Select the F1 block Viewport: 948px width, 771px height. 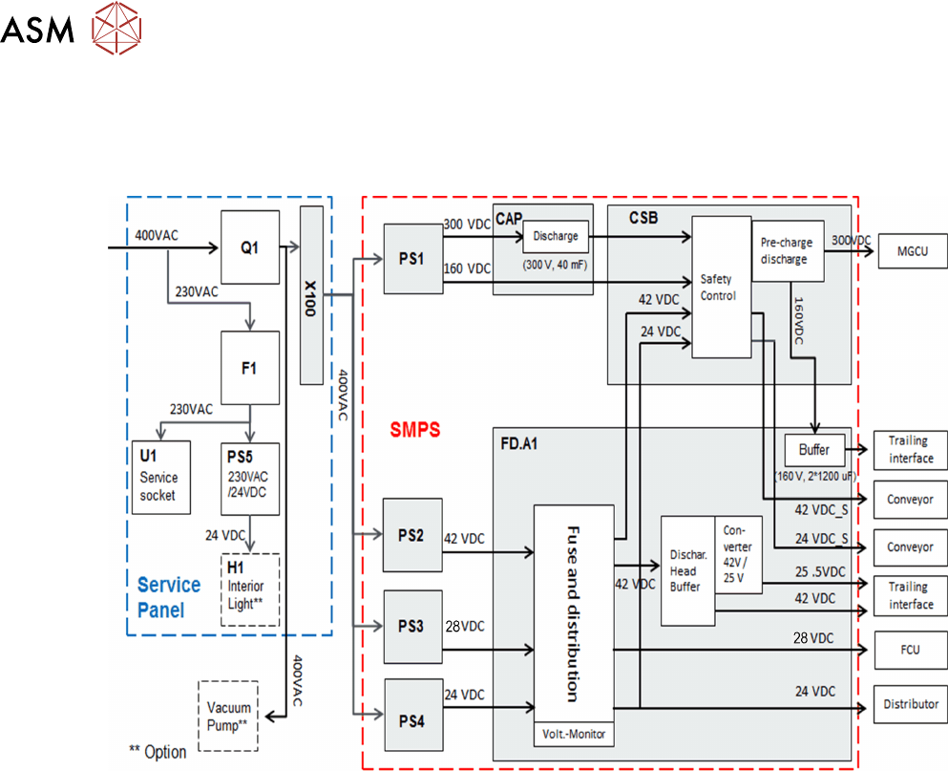250,367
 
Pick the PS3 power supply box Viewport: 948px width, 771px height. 412,627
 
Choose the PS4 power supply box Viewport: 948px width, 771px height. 412,715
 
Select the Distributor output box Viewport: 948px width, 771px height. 910,704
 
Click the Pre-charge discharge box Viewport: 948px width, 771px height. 788,250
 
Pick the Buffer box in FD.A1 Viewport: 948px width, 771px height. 809,449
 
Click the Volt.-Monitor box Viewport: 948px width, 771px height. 573,733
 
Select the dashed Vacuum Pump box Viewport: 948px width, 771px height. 228,715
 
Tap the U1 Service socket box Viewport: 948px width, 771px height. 159,477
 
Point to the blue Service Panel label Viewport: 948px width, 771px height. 169,595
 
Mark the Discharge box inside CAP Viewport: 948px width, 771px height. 556,235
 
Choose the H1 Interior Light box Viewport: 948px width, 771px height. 250,589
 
